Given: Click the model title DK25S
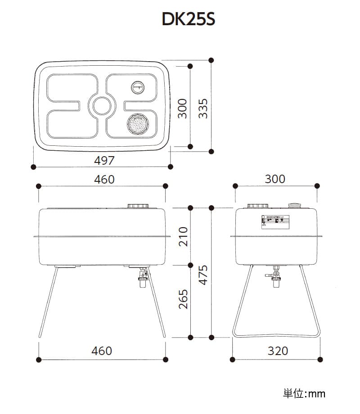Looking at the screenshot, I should click(x=189, y=20).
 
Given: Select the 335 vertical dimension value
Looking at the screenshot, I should click(x=204, y=108).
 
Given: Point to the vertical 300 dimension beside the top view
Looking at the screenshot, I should click(x=182, y=108).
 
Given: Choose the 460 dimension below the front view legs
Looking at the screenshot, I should click(x=102, y=350).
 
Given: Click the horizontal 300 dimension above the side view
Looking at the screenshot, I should click(x=274, y=179).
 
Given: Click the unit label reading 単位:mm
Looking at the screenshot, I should click(x=304, y=394).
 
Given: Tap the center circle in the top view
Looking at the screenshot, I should click(x=102, y=106).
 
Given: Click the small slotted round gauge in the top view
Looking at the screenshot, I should click(x=138, y=87).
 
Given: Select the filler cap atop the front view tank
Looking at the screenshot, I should click(x=138, y=206).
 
